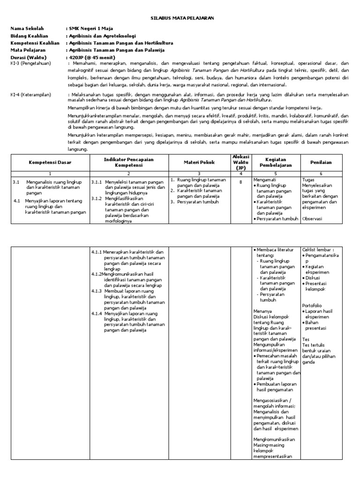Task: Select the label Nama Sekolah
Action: coord(26,29)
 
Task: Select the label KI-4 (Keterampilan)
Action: coord(31,94)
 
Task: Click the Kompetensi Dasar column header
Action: coord(50,163)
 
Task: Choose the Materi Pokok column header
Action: coord(199,162)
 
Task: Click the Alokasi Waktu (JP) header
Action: coord(240,162)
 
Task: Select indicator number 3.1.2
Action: coord(97,198)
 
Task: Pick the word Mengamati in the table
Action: coord(265,179)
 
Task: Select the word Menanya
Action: coord(262,310)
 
